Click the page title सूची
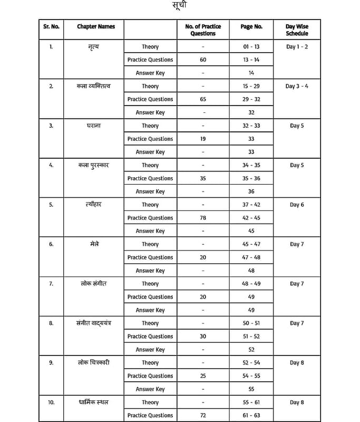179,6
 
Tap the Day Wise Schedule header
297,30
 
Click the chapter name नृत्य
93,46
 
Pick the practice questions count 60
203,60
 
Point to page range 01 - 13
251,46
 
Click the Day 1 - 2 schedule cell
297,46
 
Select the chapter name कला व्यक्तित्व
93,86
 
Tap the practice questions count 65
203,99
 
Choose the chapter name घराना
93,126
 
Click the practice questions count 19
203,139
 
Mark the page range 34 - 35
251,165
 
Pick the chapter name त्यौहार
93,205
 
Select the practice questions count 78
203,218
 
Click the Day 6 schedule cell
297,205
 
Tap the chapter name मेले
93,244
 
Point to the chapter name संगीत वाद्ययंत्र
93,323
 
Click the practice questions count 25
203,376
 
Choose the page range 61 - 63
251,416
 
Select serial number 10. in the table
51,402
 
